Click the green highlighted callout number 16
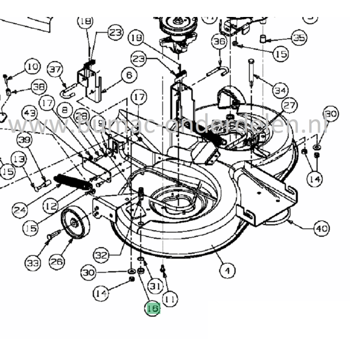(x=152, y=309)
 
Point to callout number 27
(x=290, y=106)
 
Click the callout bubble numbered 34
(x=280, y=91)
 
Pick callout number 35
(x=299, y=38)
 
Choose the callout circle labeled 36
(x=220, y=42)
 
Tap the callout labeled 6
(x=128, y=76)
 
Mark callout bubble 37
(x=55, y=69)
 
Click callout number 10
(x=32, y=66)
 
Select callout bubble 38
(x=38, y=87)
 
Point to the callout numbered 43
(x=30, y=113)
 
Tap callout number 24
(x=20, y=210)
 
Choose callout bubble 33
(x=33, y=264)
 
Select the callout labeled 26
(x=57, y=261)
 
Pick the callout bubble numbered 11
(x=170, y=298)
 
